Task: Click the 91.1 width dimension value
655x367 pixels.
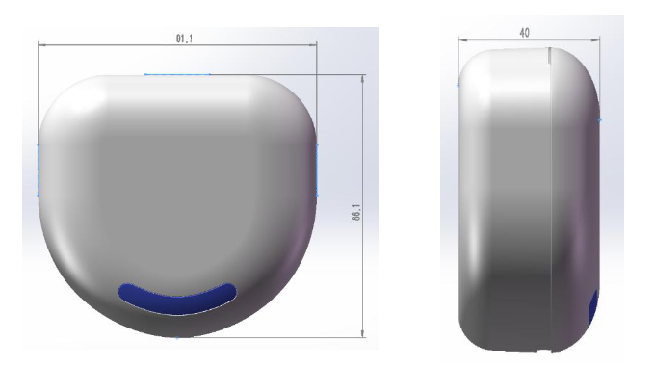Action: [184, 39]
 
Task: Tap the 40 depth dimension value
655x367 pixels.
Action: [524, 33]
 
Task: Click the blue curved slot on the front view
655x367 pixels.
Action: [177, 299]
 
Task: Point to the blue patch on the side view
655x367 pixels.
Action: [593, 308]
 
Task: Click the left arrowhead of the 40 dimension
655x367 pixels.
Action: [461, 40]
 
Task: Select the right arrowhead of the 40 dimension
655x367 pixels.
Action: [597, 40]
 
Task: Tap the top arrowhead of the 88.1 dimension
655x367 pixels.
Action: [362, 78]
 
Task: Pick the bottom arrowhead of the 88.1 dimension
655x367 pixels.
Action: [362, 333]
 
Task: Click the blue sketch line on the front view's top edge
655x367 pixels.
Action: [177, 75]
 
